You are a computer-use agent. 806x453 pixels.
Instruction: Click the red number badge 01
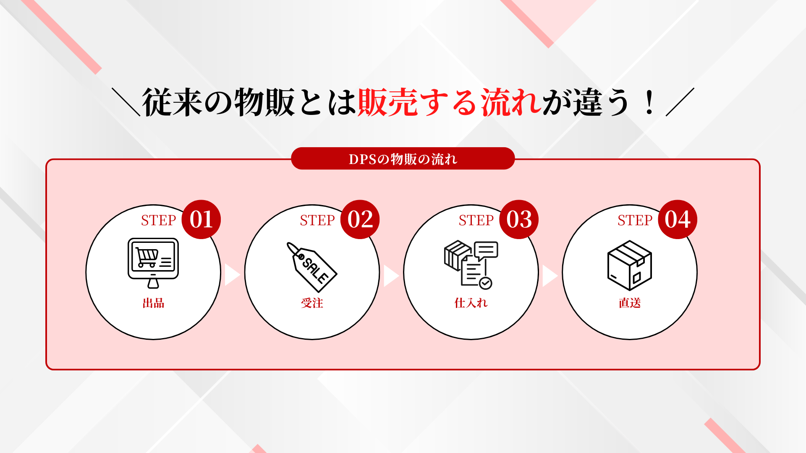201,219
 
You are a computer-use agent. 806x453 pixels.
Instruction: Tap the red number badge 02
360,219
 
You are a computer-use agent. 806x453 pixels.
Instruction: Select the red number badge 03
519,219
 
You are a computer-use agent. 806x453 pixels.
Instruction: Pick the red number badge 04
678,219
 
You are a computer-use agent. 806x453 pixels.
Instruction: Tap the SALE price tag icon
311,267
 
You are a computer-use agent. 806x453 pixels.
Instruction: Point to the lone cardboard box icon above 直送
630,265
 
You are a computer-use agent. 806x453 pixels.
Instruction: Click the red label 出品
153,303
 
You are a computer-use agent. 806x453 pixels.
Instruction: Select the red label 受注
312,303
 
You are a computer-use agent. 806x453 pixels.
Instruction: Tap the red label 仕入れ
471,303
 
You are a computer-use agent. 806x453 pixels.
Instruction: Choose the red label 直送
630,303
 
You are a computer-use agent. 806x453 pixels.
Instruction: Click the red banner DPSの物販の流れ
403,159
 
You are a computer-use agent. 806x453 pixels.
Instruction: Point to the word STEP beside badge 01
158,220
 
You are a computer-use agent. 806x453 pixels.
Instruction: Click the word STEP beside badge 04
635,220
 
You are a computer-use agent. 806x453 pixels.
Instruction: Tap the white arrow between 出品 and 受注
232,275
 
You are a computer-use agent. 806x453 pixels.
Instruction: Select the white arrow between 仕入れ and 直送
550,276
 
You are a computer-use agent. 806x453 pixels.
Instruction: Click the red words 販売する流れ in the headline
450,102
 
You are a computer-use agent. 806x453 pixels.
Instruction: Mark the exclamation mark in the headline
649,103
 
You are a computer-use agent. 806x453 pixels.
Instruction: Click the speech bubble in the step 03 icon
486,250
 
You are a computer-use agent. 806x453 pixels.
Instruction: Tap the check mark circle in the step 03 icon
486,283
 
